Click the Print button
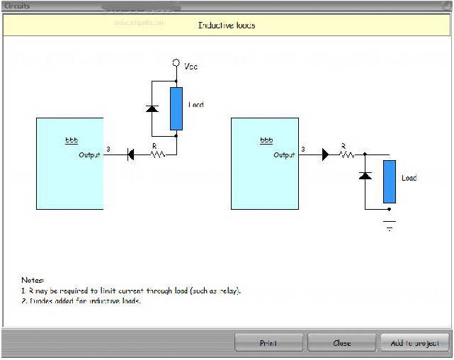point(268,343)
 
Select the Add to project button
point(414,343)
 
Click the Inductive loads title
point(227,26)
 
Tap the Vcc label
point(191,67)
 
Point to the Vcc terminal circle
point(176,63)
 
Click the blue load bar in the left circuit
point(176,108)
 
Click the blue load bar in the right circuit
point(389,181)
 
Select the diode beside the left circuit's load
point(152,108)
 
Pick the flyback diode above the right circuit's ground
point(365,175)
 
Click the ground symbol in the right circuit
point(388,225)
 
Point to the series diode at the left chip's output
point(131,154)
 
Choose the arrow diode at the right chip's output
point(325,154)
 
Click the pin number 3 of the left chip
point(108,150)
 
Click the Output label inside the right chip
point(284,154)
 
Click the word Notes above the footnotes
point(33,281)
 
